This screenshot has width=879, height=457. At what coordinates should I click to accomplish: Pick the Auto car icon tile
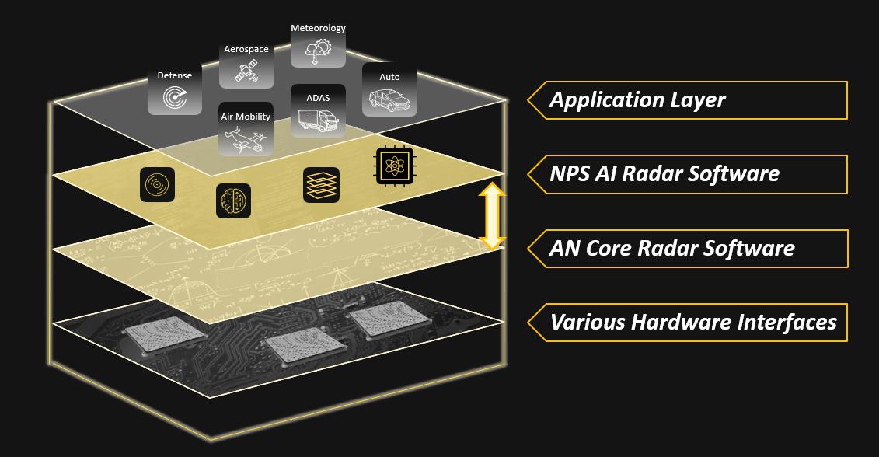(x=389, y=90)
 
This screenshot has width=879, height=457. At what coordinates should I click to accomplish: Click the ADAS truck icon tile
(x=318, y=111)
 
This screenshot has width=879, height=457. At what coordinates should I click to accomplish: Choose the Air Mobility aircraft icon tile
(x=246, y=130)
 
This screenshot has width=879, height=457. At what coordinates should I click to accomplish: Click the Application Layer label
(x=637, y=100)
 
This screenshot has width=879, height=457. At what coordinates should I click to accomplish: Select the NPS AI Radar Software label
(x=664, y=173)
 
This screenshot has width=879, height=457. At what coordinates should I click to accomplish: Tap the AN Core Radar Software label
(x=671, y=249)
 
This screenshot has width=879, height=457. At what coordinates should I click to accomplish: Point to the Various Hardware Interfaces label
(x=693, y=322)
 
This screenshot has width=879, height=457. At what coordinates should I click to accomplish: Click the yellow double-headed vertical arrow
(x=491, y=216)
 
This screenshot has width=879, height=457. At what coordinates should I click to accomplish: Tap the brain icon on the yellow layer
(x=233, y=201)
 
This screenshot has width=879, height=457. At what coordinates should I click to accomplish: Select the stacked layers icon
(x=321, y=185)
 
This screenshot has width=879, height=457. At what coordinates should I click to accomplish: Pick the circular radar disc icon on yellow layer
(x=157, y=185)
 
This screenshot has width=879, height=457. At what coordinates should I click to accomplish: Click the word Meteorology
(x=318, y=28)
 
